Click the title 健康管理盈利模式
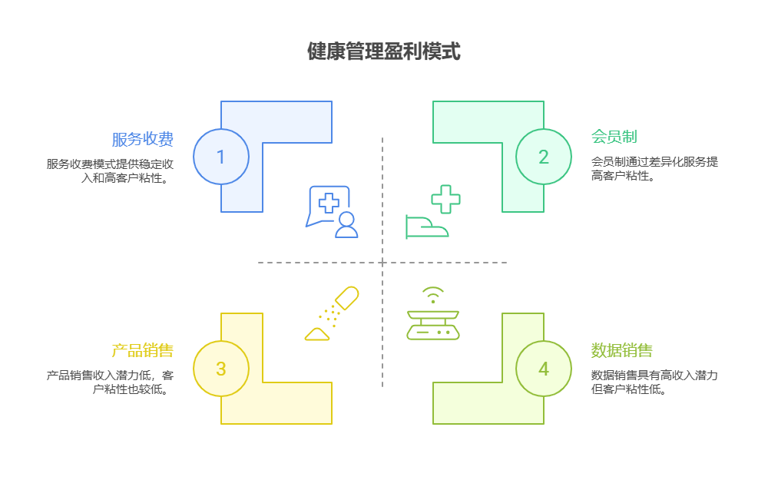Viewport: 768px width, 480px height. [383, 51]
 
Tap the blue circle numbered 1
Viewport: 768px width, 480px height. [221, 157]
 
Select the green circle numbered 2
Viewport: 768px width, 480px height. [544, 157]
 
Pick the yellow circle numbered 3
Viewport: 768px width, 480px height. [221, 369]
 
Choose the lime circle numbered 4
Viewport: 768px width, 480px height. [544, 369]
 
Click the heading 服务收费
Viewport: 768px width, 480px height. [142, 139]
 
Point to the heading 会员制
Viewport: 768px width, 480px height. [614, 137]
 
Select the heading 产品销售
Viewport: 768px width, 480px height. [142, 351]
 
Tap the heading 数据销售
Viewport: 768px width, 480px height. [621, 351]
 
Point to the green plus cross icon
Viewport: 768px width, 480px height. [445, 199]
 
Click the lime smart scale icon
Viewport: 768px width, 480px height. [432, 324]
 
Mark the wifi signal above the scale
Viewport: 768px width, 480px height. [432, 294]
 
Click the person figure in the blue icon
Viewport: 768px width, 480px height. [347, 224]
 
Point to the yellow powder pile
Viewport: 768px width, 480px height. [317, 333]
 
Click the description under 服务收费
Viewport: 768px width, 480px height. [110, 170]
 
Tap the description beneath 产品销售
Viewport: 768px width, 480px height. [110, 382]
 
